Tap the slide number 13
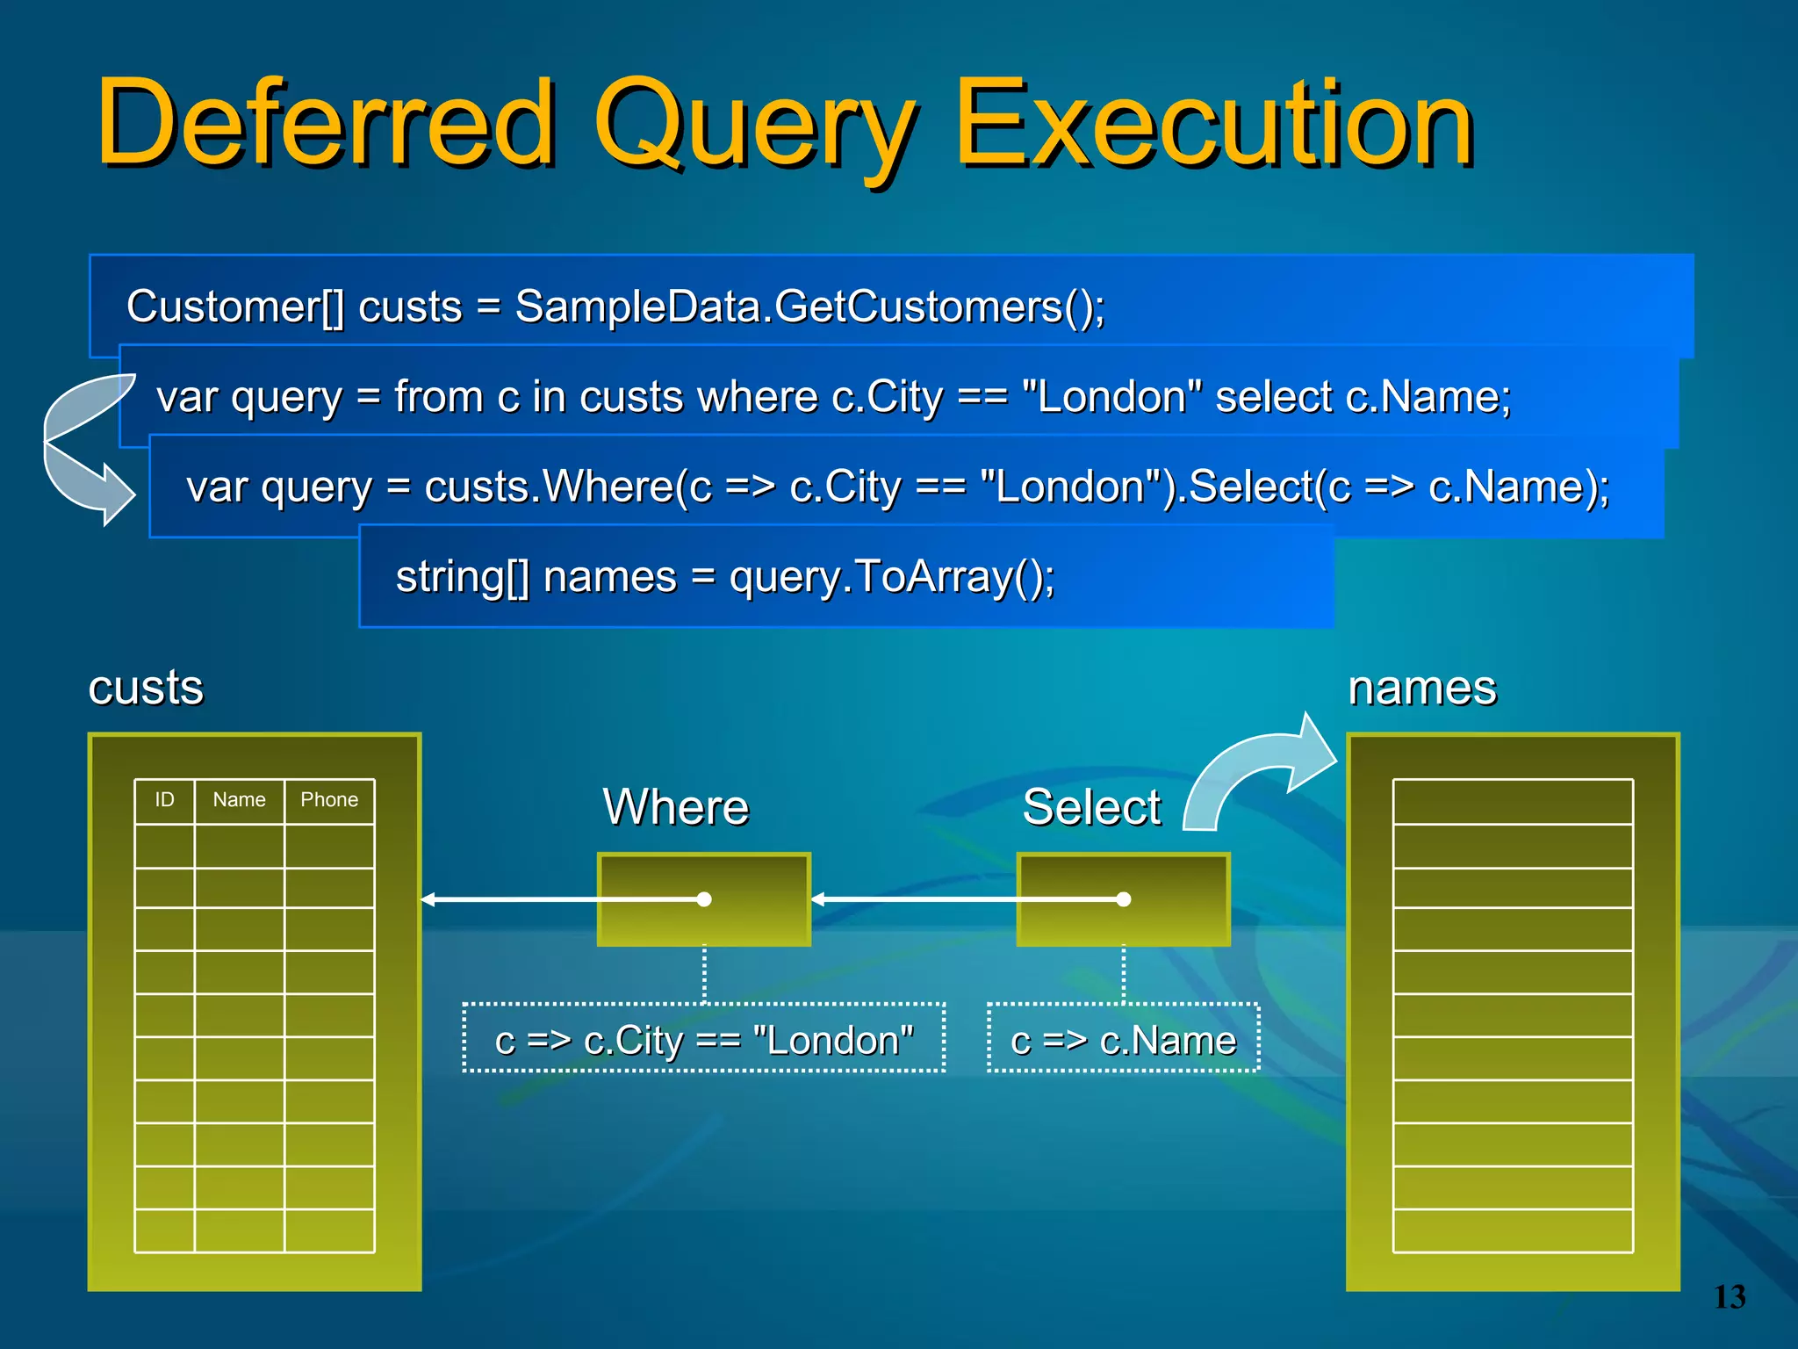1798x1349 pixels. (x=1730, y=1297)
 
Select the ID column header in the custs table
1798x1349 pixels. (x=164, y=800)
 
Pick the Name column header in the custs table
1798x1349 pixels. (x=239, y=800)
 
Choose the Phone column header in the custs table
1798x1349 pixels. (x=329, y=800)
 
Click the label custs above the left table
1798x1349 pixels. (x=146, y=687)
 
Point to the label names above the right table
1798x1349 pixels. (x=1422, y=687)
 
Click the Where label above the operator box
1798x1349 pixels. (x=675, y=806)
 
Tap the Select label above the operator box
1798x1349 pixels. (x=1091, y=806)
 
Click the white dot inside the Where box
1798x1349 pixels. (x=704, y=899)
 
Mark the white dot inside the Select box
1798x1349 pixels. (x=1124, y=899)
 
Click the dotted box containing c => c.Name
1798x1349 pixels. (x=1123, y=1039)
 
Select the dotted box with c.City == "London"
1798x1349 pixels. (x=704, y=1039)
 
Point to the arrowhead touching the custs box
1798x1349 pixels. (x=428, y=899)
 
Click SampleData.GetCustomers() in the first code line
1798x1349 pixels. (x=808, y=307)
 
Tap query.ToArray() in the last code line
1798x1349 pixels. (x=891, y=577)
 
